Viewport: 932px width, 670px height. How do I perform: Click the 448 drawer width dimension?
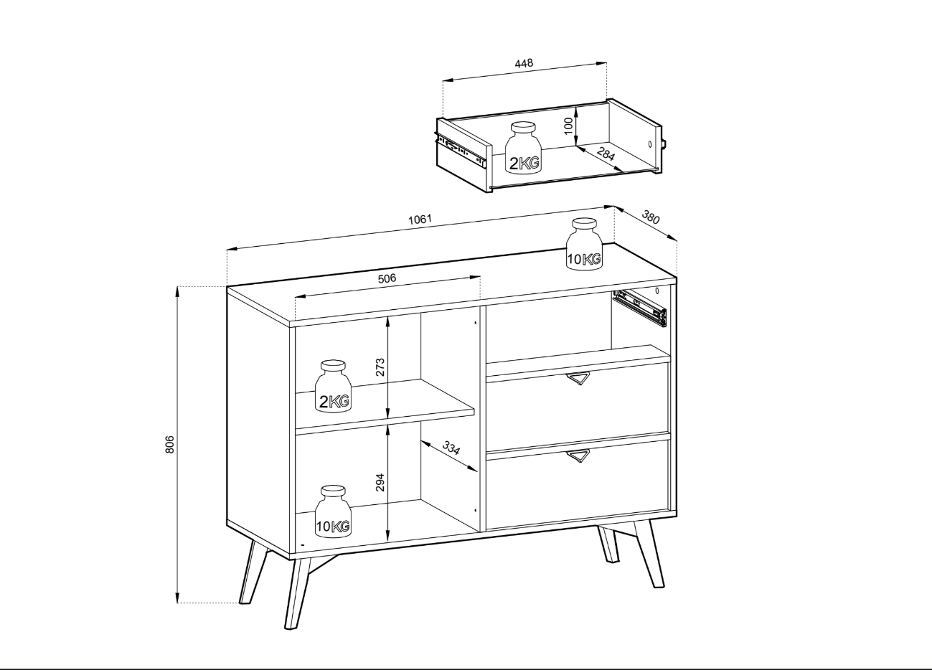point(524,63)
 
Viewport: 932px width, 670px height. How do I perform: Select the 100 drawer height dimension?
point(569,126)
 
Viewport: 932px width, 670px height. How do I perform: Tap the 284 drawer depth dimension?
point(606,154)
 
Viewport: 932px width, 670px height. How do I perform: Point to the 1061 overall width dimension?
point(420,220)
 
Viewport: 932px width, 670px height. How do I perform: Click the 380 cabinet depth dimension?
point(651,217)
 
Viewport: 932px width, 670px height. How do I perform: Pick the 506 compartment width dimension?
point(387,278)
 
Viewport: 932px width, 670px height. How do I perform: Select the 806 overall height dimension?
point(169,445)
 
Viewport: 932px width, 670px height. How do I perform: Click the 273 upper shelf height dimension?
point(380,367)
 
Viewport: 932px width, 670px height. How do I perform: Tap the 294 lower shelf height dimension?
point(380,482)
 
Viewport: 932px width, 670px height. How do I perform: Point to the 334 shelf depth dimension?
point(451,448)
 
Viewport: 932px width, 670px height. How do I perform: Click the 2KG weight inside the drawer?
point(524,148)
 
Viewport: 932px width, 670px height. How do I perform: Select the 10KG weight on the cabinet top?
point(585,244)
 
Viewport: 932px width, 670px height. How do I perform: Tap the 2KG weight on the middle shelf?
point(333,387)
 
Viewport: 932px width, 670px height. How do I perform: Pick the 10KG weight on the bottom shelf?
point(333,511)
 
